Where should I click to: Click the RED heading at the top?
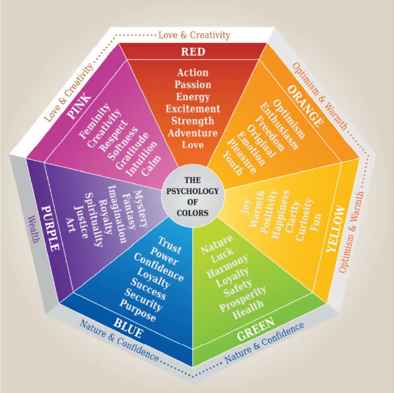pos(193,52)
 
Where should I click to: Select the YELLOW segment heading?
pos(336,229)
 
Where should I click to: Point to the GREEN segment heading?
pos(256,329)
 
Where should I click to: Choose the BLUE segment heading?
pos(128,328)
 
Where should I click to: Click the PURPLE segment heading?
pos(51,228)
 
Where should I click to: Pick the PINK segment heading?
pos(79,106)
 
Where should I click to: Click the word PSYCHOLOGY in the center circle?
pos(193,191)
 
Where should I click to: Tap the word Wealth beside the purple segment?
pos(33,229)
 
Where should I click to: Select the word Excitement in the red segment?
pos(193,109)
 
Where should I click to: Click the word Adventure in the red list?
pos(193,133)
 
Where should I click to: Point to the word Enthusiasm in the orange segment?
pos(279,126)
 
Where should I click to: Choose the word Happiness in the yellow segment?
pos(280,214)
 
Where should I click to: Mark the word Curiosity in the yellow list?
pos(305,219)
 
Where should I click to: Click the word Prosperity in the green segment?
pos(243,299)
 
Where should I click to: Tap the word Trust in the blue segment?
pos(169,245)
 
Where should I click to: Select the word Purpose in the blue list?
pos(138,310)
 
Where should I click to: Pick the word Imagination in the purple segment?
pos(117,214)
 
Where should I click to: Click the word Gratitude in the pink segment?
pos(132,151)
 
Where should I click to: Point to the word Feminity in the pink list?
pos(95,121)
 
